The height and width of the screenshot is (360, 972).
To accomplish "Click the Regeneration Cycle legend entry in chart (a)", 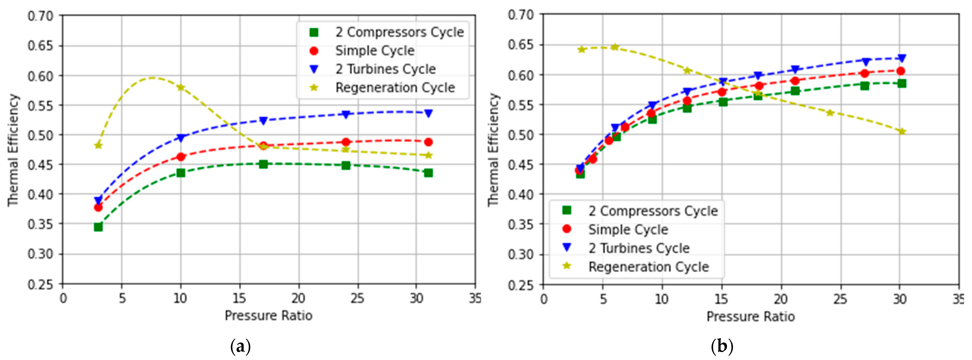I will [x=395, y=87].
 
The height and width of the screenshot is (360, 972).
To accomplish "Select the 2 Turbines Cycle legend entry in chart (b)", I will [x=639, y=248].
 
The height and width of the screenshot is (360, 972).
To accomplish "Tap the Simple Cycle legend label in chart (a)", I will [x=375, y=51].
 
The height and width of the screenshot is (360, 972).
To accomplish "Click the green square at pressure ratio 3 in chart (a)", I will [x=98, y=227].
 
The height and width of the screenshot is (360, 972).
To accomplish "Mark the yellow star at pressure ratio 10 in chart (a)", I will [x=181, y=87].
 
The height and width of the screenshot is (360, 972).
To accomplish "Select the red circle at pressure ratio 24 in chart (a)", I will [x=346, y=142].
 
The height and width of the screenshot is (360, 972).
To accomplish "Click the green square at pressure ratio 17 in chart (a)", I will [x=263, y=164].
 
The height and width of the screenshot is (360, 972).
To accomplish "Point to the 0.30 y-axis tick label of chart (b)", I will [x=521, y=254].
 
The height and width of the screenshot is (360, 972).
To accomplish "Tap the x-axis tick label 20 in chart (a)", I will [x=298, y=298].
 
